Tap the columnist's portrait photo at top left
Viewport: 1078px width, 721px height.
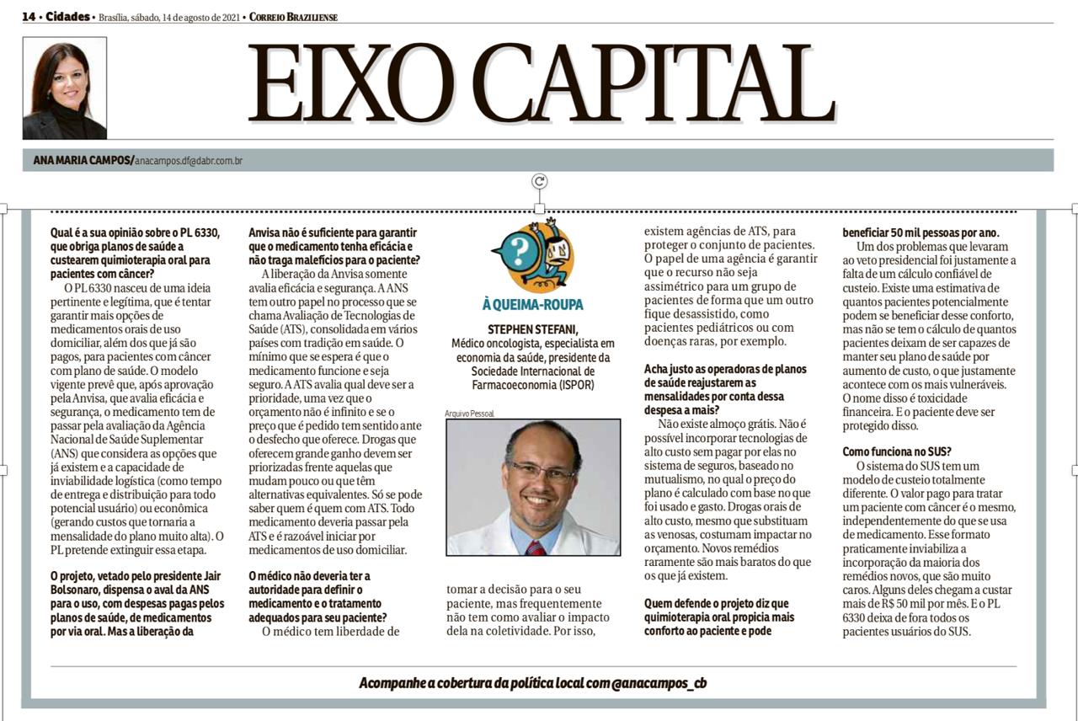(65, 88)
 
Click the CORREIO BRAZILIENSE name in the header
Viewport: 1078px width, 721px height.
(294, 17)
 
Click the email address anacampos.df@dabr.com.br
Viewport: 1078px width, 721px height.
(189, 160)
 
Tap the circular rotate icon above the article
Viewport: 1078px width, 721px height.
(539, 181)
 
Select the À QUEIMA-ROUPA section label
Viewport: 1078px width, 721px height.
(533, 304)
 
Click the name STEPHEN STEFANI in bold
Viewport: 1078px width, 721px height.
(533, 328)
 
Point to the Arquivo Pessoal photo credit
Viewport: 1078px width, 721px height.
(470, 414)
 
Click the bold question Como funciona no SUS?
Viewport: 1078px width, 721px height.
(898, 451)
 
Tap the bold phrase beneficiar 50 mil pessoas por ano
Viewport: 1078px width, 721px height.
(922, 232)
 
